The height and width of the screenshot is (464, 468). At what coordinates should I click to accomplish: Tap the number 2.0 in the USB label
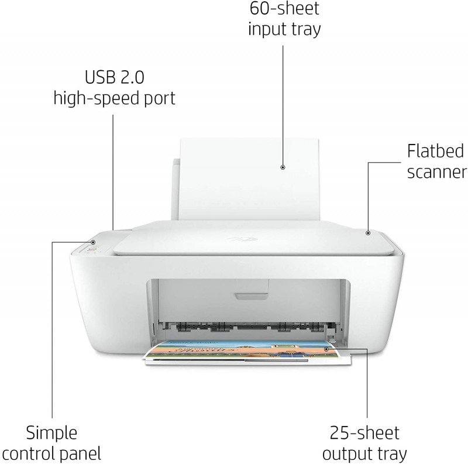point(132,77)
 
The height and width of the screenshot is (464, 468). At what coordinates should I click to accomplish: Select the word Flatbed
point(435,151)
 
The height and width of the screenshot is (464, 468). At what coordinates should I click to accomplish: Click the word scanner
point(437,173)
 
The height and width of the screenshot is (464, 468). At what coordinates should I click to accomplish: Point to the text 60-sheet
point(284,8)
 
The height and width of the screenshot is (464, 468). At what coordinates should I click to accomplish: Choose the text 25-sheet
point(364,432)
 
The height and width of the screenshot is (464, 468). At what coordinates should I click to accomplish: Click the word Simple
point(51,433)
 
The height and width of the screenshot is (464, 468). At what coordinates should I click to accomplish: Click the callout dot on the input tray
point(283,167)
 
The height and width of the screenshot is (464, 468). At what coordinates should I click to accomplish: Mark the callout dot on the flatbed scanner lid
point(368,233)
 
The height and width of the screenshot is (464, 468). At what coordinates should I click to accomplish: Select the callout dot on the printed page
point(326,349)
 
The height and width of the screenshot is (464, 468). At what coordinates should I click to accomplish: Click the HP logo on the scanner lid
point(242,239)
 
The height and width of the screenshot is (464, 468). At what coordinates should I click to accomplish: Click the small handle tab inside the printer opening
point(252,296)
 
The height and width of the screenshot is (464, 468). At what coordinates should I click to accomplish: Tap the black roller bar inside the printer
point(251,327)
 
